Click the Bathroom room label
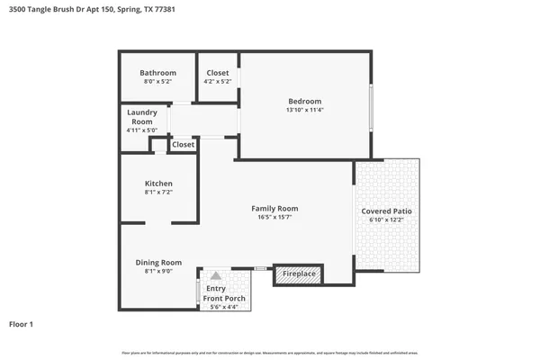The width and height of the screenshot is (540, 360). (x=157, y=73)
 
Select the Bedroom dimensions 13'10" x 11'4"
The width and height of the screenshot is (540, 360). (x=304, y=110)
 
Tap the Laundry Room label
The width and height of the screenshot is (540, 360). (x=142, y=116)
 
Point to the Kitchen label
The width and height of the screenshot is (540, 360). (x=158, y=183)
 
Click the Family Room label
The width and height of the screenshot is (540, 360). (x=274, y=208)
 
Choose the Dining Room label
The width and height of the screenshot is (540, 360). (x=158, y=262)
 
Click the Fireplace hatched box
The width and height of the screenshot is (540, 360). (x=299, y=274)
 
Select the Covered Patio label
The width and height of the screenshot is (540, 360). (x=387, y=211)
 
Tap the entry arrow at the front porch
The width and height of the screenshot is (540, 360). (x=215, y=276)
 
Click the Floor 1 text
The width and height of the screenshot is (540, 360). (x=21, y=323)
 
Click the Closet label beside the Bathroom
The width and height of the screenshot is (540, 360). (x=218, y=73)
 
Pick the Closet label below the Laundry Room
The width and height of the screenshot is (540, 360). (x=183, y=144)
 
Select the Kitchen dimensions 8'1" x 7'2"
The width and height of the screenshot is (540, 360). (x=158, y=192)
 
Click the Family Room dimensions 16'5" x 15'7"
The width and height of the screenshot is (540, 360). (x=274, y=217)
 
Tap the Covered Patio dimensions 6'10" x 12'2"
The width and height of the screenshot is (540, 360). (x=387, y=220)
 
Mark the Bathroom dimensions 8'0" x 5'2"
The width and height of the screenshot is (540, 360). (x=157, y=82)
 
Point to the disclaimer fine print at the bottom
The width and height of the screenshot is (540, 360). (x=270, y=352)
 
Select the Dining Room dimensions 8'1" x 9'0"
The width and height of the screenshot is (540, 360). (x=158, y=271)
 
